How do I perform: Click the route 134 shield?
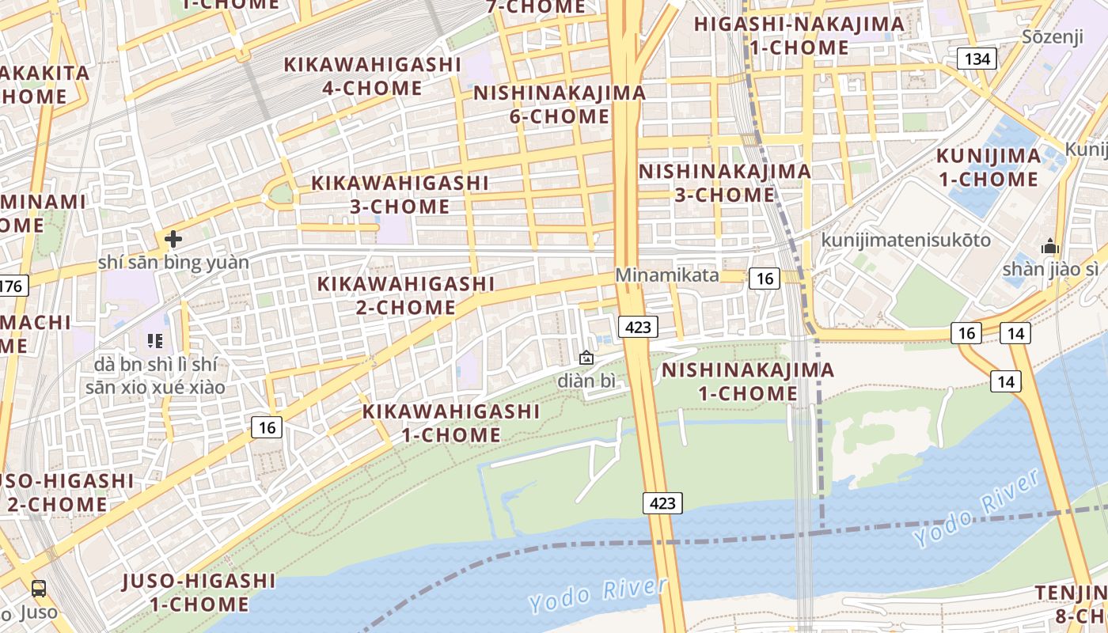click(977, 59)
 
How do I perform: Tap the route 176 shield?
click(13, 286)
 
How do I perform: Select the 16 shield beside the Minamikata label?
click(765, 278)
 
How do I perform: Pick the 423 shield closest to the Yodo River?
click(662, 502)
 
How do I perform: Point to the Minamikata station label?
click(667, 275)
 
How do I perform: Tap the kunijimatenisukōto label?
click(905, 239)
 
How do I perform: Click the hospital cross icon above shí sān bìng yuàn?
click(173, 238)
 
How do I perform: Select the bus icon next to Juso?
click(38, 589)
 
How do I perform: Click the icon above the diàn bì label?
click(586, 358)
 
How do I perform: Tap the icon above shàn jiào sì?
click(1050, 246)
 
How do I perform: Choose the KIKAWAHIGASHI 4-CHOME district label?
click(372, 76)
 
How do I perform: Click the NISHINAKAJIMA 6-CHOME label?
click(560, 104)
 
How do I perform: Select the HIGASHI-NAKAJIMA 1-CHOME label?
click(799, 36)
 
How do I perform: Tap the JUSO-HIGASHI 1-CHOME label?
click(199, 593)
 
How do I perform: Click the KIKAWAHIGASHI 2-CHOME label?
click(405, 295)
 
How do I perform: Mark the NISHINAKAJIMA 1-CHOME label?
click(747, 381)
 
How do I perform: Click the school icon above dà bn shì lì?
click(154, 341)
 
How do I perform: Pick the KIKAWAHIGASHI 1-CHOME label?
click(451, 423)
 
